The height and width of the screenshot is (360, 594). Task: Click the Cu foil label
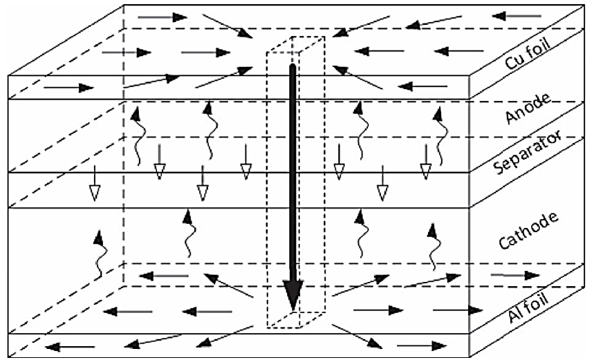pos(528,53)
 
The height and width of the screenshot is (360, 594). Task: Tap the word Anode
pos(528,108)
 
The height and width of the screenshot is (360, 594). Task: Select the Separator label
pos(528,152)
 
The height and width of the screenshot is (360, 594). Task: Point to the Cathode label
pos(528,231)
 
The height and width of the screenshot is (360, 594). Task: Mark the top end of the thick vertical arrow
pos(292,66)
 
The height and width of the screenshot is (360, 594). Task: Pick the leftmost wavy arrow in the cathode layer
pos(100,254)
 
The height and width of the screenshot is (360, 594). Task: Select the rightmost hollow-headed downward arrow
pos(426,162)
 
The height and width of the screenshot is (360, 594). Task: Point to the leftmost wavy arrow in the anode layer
pos(138,135)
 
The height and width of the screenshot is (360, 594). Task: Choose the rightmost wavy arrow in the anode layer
pos(440,136)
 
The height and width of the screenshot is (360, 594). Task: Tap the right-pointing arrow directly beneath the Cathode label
pos(515,275)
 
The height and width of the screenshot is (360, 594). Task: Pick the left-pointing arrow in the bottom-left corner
pos(70,346)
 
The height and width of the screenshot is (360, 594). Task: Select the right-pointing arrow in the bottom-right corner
pos(422,345)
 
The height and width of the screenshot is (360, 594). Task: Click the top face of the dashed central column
pos(295,45)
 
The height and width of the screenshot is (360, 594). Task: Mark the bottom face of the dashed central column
pos(295,320)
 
